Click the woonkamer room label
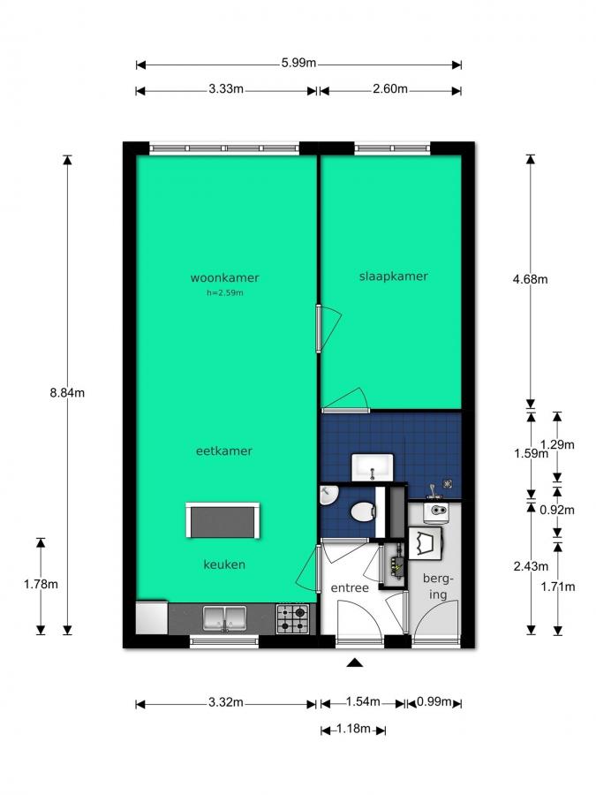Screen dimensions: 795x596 [x=224, y=278]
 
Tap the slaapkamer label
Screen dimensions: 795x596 [x=393, y=276]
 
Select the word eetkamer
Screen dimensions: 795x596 [x=224, y=450]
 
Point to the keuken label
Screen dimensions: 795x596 [x=224, y=564]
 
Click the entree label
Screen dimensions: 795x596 [x=350, y=588]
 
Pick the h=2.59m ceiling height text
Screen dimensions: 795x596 [x=224, y=292]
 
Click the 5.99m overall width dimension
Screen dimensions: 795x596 [x=298, y=64]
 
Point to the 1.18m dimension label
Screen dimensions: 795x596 [x=353, y=730]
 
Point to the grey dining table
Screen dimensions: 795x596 [x=223, y=520]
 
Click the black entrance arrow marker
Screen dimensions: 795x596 [x=355, y=662]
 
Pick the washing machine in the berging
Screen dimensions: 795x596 [x=426, y=541]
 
